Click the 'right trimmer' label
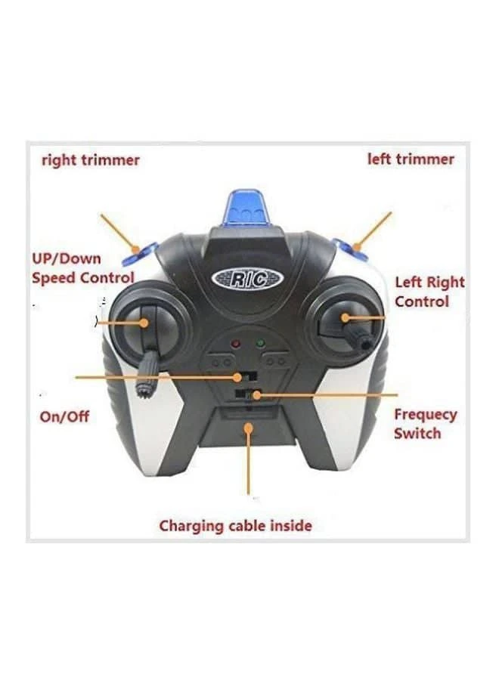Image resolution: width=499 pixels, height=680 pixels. tap(90, 160)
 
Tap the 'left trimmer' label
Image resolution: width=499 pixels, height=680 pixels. tap(411, 159)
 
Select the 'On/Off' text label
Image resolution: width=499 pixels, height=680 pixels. tap(65, 417)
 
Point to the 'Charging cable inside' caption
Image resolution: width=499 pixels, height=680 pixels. tap(236, 526)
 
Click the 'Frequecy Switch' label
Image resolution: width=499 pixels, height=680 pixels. tap(425, 424)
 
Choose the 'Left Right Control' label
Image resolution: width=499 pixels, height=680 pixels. tap(429, 292)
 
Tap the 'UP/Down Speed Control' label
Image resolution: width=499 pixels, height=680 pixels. tap(83, 268)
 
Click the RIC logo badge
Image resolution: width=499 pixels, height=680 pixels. tap(248, 279)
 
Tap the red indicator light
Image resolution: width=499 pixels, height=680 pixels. tap(236, 344)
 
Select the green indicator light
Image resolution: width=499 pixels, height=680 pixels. tap(260, 344)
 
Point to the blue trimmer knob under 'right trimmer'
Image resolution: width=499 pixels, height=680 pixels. tap(140, 254)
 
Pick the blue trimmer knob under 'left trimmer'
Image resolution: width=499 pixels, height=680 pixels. tap(351, 250)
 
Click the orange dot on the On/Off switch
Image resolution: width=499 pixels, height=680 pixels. tap(237, 378)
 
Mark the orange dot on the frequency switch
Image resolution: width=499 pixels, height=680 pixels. tap(257, 395)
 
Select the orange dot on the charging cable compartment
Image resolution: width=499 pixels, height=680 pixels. tap(248, 428)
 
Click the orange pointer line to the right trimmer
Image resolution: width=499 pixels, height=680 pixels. tap(119, 233)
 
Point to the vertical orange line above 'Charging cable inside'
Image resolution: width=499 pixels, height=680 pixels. tap(248, 462)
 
